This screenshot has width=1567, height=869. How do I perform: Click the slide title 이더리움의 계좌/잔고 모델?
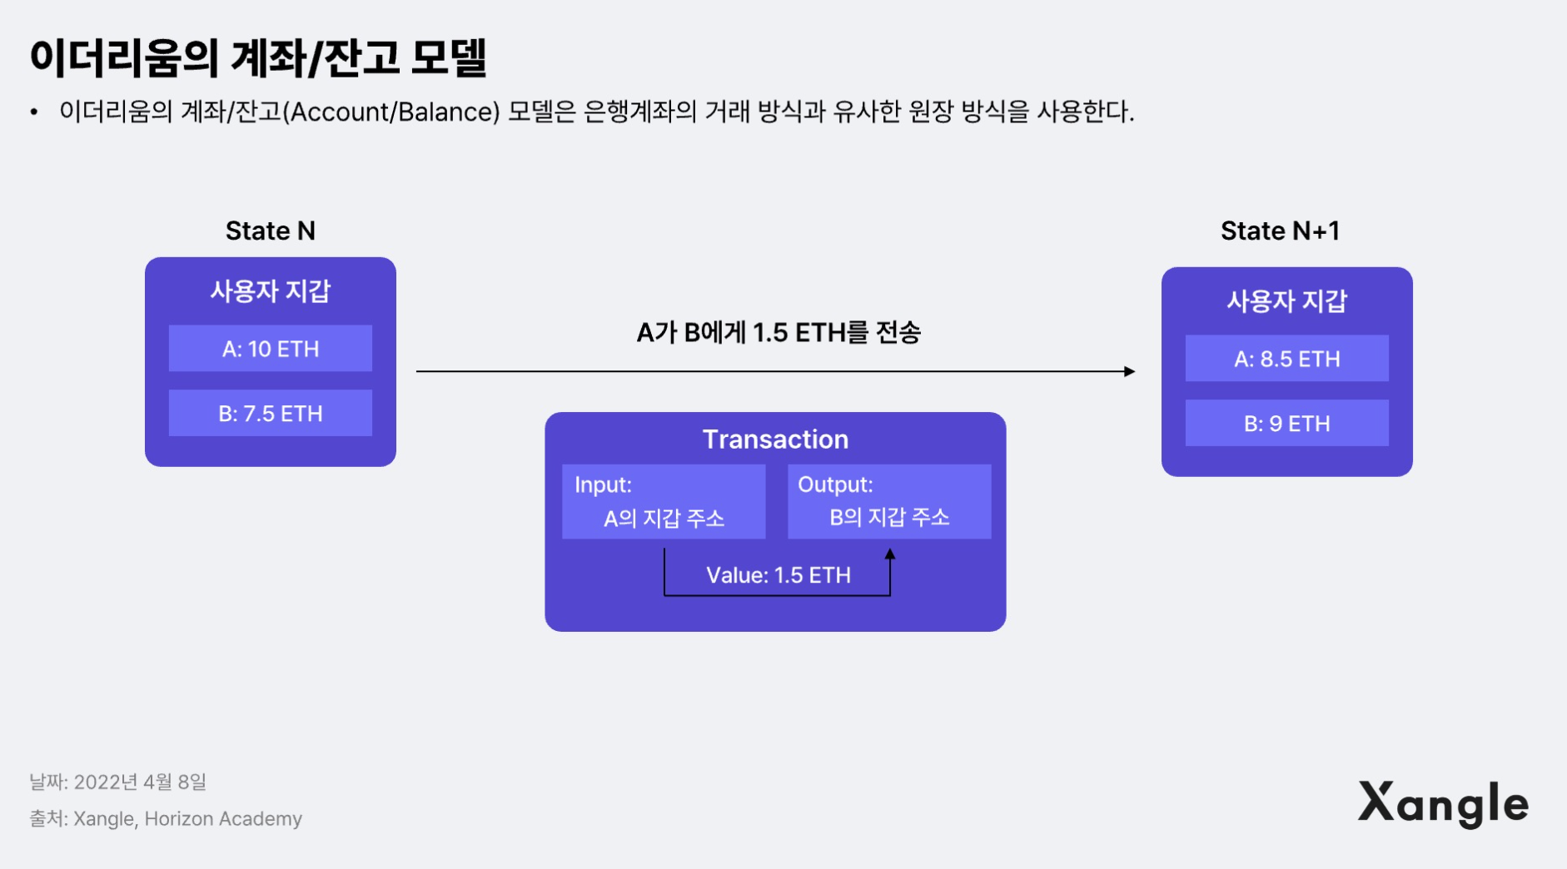258,58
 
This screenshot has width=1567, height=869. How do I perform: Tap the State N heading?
271,231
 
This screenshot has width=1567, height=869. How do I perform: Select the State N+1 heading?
1280,231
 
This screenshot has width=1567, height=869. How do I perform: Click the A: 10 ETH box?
271,349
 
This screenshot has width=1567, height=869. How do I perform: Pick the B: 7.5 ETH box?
271,414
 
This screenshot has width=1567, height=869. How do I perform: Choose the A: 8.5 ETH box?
1286,359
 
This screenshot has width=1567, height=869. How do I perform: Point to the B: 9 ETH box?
1286,424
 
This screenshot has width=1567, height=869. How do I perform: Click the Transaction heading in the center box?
775,439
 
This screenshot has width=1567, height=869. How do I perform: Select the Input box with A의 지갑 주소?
664,502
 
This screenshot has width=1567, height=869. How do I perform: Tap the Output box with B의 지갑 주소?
889,502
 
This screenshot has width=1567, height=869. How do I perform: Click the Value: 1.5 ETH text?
779,575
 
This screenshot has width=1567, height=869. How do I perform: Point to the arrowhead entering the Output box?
890,554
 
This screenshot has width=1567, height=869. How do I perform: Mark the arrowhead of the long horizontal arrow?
1130,371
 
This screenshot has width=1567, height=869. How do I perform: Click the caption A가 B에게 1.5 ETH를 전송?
779,333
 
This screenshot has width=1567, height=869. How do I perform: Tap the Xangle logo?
1443,804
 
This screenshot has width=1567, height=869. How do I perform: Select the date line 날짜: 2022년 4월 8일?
117,782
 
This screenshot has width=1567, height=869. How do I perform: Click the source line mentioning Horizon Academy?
166,819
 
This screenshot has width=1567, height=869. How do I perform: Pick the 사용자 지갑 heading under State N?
271,291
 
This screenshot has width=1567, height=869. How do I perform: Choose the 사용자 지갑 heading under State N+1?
1286,301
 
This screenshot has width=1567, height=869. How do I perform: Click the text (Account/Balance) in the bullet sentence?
391,112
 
